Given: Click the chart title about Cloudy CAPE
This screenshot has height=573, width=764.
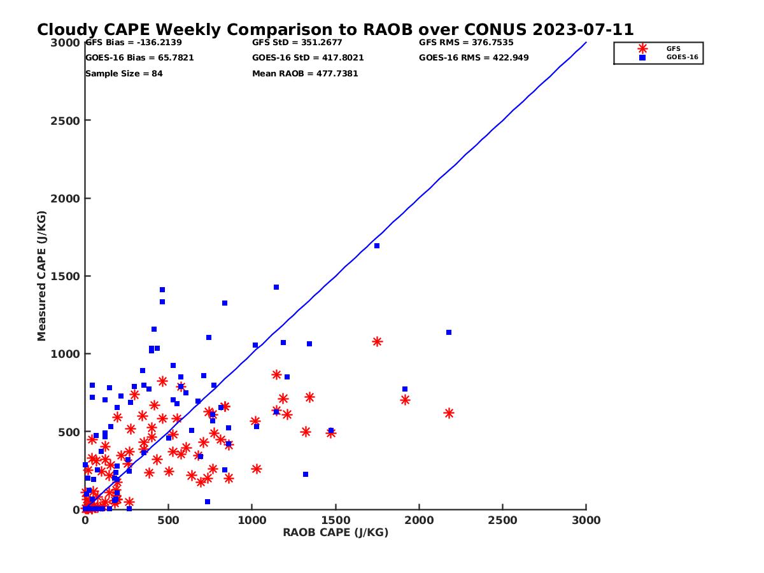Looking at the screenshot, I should point(335,30).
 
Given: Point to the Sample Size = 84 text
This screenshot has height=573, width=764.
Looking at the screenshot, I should point(124,74).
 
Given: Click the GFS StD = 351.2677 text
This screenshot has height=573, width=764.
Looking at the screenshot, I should point(297,43).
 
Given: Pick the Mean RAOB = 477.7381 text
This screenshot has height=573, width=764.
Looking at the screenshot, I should point(305,74).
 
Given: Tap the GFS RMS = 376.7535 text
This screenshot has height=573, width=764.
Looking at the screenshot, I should point(466,43).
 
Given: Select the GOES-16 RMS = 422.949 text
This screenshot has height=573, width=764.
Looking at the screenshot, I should point(474,58).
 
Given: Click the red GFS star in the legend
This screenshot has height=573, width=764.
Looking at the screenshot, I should point(642,48).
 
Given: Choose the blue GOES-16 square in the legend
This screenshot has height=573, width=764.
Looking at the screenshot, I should point(642,57).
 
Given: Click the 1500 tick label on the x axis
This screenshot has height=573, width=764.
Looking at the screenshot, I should point(336,520).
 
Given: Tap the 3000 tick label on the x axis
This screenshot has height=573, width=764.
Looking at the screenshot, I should point(586,520).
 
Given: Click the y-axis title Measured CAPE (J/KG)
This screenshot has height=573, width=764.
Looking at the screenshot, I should point(42,276).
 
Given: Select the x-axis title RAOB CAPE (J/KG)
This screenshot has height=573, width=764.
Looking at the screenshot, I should point(336,533).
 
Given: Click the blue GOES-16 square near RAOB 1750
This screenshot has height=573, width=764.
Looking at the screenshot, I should point(377,246).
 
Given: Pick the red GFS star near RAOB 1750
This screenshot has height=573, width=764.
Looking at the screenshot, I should point(377,342).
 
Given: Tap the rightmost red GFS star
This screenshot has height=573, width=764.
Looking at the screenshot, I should point(449,413).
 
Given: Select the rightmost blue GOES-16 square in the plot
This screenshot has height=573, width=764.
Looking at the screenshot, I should point(449,332).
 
